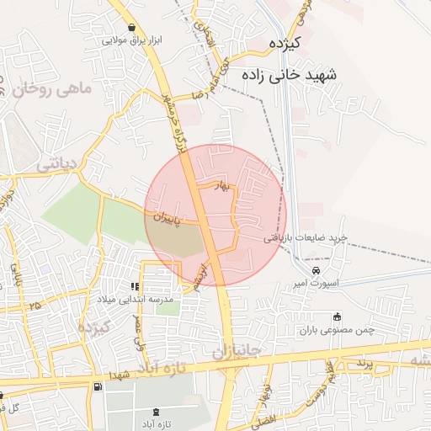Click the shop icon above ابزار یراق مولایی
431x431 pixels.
pyautogui.click(x=130, y=27)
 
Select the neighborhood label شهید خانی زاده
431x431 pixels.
pyautogui.click(x=289, y=75)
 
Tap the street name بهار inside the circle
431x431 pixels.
pyautogui.click(x=222, y=188)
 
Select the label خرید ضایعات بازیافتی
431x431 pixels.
pyautogui.click(x=312, y=239)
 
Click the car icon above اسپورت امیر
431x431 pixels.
pyautogui.click(x=316, y=271)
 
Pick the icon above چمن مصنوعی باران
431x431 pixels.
pyautogui.click(x=338, y=317)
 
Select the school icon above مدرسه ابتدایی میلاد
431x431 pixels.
pyautogui.click(x=136, y=287)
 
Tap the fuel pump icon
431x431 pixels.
pyautogui.click(x=98, y=386)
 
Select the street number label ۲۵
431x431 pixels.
pyautogui.click(x=35, y=306)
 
